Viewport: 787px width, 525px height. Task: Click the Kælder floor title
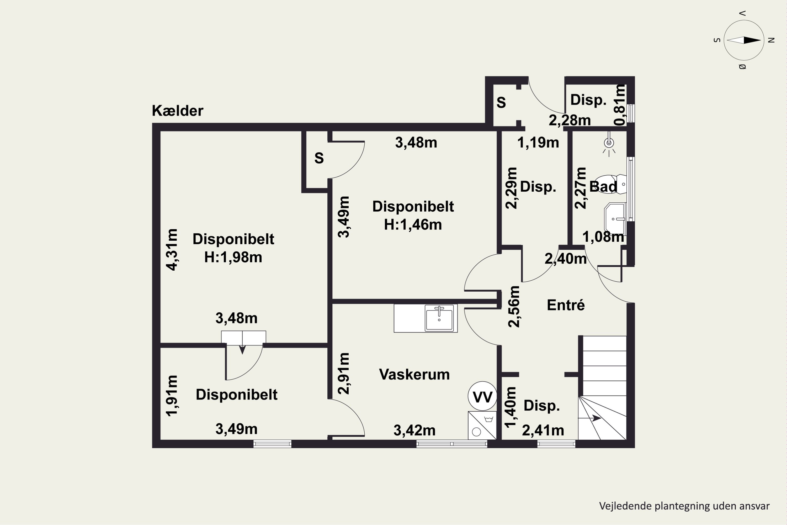(x=177, y=111)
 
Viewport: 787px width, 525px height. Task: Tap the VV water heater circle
(x=482, y=396)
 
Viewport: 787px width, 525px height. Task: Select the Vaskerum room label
(x=414, y=374)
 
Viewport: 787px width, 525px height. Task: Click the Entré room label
(x=566, y=305)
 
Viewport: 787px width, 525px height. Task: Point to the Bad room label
(x=603, y=186)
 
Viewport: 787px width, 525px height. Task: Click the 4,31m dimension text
(x=172, y=249)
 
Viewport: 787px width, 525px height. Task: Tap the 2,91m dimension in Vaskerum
(x=344, y=373)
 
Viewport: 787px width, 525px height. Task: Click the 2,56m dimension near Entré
(x=514, y=306)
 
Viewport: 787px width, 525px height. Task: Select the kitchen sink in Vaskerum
(x=439, y=318)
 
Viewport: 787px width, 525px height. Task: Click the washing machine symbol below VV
(x=482, y=425)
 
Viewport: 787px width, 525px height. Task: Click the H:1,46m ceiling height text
(x=413, y=225)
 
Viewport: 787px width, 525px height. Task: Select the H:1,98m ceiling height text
(x=233, y=258)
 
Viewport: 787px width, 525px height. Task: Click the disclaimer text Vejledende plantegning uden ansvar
(x=684, y=506)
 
